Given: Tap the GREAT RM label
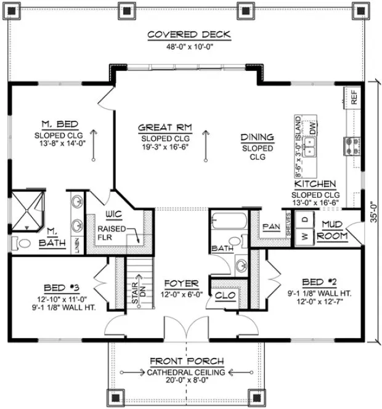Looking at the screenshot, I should click(x=165, y=128).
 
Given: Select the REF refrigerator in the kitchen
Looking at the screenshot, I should click(x=354, y=97).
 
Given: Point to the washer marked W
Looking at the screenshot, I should click(x=303, y=235).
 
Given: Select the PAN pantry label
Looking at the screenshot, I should click(x=270, y=226).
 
